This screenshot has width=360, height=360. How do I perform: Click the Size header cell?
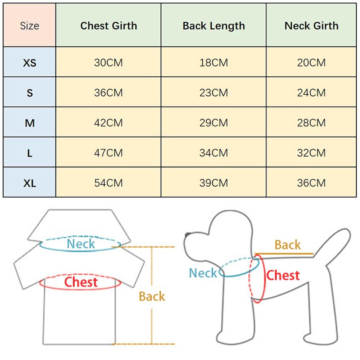coord(30,26)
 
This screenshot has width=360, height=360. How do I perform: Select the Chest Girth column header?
coord(108,26)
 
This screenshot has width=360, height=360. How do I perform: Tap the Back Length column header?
coord(213,26)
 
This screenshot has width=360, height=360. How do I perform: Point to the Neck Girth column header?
coord(311,26)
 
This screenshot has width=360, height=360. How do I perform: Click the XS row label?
coord(30,63)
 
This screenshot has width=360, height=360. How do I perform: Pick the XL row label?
coord(30,183)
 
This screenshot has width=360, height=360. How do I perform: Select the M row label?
coord(30,123)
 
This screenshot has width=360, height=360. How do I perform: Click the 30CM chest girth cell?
coord(108,63)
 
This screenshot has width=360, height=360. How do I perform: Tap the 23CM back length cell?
coord(213,93)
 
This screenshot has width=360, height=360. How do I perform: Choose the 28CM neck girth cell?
coord(311,123)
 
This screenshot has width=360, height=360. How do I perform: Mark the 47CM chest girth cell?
coord(108,153)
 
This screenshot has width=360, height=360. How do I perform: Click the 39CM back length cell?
coord(213,183)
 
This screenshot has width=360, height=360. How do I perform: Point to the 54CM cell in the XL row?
coord(108,183)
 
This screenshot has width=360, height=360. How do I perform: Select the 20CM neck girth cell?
coord(311,63)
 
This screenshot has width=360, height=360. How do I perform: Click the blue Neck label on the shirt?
coord(81,244)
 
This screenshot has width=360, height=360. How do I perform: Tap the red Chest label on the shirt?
coord(81,282)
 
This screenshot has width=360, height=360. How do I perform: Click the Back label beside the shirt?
coord(152,297)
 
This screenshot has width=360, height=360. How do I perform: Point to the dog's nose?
coord(187,235)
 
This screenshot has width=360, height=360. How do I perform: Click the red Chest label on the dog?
coord(283,276)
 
